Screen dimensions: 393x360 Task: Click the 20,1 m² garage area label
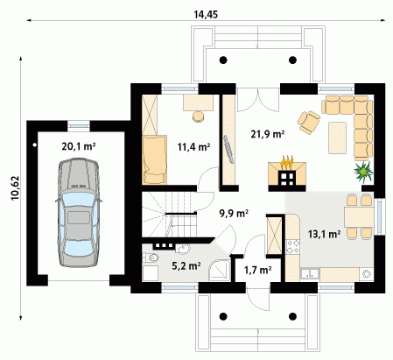tap(79, 146)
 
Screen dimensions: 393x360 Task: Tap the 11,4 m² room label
tap(193, 147)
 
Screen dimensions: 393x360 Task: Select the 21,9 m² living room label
tap(268, 134)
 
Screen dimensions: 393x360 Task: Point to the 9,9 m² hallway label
tap(234, 214)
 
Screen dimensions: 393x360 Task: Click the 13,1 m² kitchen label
tap(324, 234)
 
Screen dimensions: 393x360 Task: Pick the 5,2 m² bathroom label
tap(186, 265)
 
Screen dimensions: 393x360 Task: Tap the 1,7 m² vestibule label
tap(257, 270)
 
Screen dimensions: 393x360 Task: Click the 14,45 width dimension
tap(206, 14)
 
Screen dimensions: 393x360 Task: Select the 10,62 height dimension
tap(15, 187)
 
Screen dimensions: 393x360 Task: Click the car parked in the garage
tap(79, 213)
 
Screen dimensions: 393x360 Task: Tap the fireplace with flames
tap(287, 173)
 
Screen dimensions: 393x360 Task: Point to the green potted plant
tap(363, 171)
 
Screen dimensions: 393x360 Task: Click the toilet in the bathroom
tap(151, 258)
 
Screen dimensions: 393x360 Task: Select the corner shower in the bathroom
tap(220, 271)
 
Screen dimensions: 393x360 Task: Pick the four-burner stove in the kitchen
tap(292, 247)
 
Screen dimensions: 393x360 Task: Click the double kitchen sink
tap(310, 274)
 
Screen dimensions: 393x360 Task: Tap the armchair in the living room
tap(308, 122)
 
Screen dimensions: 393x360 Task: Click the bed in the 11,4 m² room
tap(155, 159)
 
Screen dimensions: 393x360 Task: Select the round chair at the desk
tap(199, 116)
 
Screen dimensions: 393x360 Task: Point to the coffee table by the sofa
tap(337, 138)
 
